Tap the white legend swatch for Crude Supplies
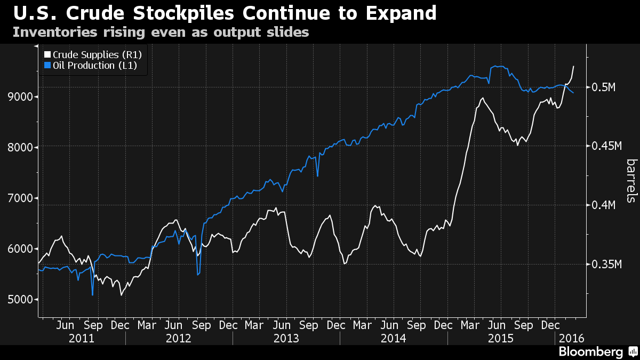click(x=47, y=54)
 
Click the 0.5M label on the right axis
click(x=605, y=87)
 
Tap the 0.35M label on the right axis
click(x=608, y=265)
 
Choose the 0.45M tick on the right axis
click(x=608, y=146)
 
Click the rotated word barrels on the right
click(x=631, y=180)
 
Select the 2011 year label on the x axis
click(x=82, y=338)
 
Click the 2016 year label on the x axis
click(x=570, y=338)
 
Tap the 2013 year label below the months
click(x=286, y=338)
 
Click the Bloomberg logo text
click(x=590, y=352)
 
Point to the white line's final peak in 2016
click(x=573, y=66)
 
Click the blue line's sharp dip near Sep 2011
click(x=93, y=294)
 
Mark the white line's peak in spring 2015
click(x=482, y=98)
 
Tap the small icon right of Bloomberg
click(x=633, y=352)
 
